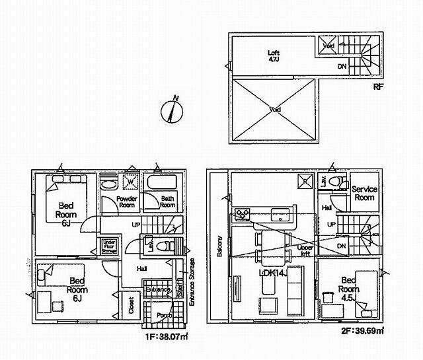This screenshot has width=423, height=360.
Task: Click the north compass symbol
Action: tap(171, 110)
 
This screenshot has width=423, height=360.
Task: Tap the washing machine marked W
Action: tap(130, 181)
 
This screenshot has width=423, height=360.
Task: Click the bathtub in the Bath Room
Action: tap(159, 183)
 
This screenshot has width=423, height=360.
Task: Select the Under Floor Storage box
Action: tap(110, 247)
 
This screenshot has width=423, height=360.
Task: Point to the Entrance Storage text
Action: tap(192, 281)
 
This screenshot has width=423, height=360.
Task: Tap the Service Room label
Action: tap(364, 193)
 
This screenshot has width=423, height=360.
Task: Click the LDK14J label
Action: tap(273, 273)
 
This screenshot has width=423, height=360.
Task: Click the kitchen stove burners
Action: tap(241, 214)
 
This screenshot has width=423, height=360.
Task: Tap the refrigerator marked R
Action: tap(304, 180)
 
